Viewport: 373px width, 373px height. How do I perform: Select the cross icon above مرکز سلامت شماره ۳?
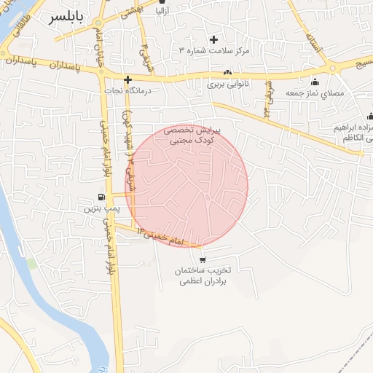pyautogui.click(x=213, y=39)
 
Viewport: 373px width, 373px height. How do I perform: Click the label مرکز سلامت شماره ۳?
pyautogui.click(x=214, y=51)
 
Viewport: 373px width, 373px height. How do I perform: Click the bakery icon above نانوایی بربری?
pyautogui.click(x=228, y=73)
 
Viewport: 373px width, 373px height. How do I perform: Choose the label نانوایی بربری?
pyautogui.click(x=228, y=84)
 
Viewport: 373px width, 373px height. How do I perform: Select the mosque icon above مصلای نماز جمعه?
pyautogui.click(x=315, y=82)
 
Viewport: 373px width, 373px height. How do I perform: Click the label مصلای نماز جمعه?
pyautogui.click(x=315, y=93)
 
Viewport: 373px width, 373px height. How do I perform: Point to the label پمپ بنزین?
pyautogui.click(x=99, y=208)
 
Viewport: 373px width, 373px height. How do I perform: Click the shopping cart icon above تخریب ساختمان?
pyautogui.click(x=202, y=259)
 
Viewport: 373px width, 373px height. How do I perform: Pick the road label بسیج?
pyautogui.click(x=360, y=65)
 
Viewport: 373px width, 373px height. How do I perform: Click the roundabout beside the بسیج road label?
pyautogui.click(x=333, y=68)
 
